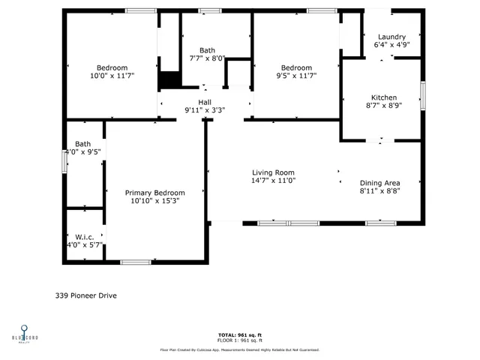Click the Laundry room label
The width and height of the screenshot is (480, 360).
coord(391,37)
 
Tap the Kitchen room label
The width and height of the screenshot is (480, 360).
coord(384,97)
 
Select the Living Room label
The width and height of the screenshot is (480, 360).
coord(273,172)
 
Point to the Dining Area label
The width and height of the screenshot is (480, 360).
coord(379,183)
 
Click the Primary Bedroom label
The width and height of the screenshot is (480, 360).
coord(154,193)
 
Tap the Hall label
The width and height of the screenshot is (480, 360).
coord(205,102)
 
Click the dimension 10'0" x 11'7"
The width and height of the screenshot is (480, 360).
coord(112,76)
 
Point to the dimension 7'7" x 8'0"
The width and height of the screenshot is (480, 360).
coord(207,58)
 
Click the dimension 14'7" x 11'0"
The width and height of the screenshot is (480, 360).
coord(273,181)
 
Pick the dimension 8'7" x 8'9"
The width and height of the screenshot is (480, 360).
coord(384,106)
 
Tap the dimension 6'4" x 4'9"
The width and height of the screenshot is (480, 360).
coord(391,45)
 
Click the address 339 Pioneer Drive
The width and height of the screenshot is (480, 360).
coord(85,295)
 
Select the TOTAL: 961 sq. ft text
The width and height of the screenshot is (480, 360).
coord(239,334)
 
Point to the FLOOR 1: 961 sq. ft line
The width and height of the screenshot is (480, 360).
coord(239,340)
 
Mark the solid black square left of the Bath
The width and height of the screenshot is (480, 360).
coord(169,79)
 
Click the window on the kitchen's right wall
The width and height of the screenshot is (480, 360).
coord(423,96)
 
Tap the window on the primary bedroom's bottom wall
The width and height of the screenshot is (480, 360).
coord(136,262)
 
